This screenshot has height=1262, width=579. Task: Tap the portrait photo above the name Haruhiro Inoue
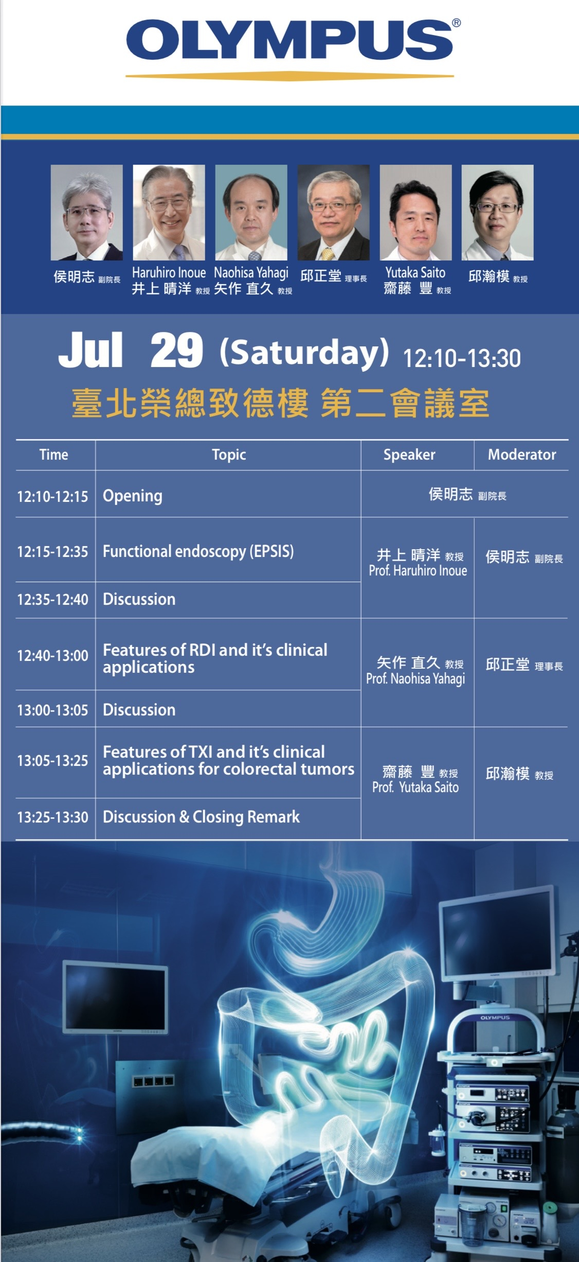[169, 212]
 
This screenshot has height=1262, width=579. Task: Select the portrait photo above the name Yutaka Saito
[415, 212]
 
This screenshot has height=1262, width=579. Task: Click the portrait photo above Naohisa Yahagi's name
[251, 212]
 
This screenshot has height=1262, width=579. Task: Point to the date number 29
[176, 350]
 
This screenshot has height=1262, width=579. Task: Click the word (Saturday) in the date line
[304, 353]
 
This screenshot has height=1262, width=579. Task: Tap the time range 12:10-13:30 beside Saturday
[462, 358]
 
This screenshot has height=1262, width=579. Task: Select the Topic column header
[229, 455]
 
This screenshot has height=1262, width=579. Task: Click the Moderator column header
[522, 454]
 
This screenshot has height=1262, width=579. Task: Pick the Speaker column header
[409, 455]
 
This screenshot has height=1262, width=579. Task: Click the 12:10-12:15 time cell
[52, 497]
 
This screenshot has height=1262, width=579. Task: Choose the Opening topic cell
[133, 496]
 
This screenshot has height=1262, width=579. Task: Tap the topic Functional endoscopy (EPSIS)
[198, 552]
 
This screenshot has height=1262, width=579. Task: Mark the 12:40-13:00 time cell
[52, 656]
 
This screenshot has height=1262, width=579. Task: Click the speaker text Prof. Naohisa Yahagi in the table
[415, 679]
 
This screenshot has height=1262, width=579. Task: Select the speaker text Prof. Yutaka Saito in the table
[415, 787]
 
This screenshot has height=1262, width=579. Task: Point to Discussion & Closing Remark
[201, 817]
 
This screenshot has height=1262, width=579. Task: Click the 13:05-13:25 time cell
[52, 761]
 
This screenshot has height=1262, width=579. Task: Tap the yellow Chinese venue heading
[280, 403]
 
